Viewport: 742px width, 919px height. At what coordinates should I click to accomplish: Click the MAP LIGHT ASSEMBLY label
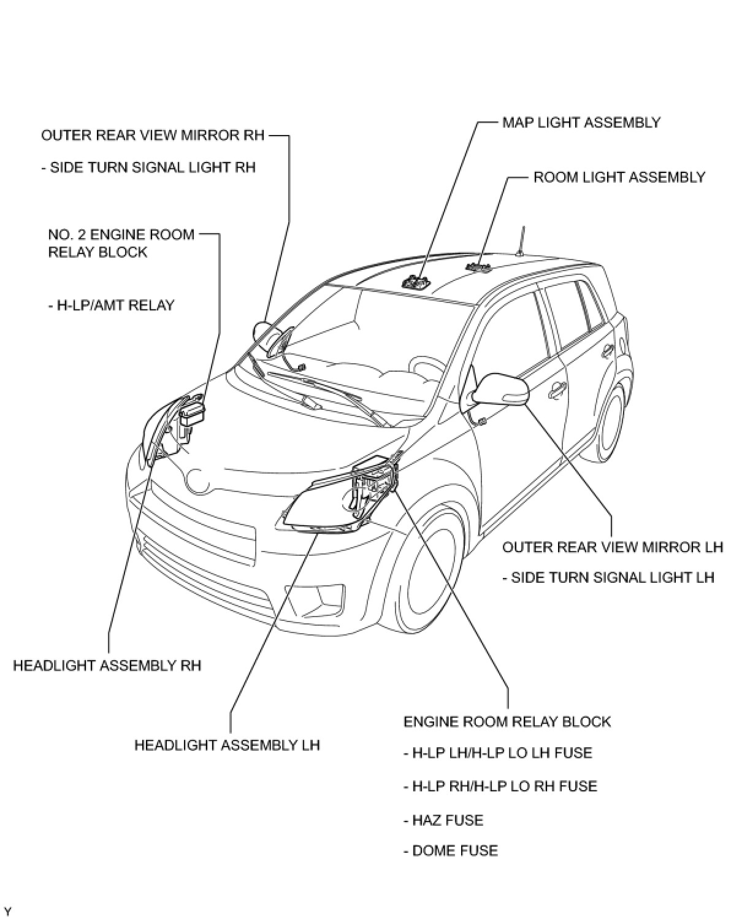(581, 122)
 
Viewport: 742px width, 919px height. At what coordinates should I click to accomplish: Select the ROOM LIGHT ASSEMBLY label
(619, 177)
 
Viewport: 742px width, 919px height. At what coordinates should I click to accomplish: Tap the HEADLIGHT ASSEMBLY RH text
(107, 665)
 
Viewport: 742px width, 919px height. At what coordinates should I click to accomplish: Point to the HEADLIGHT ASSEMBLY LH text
(227, 745)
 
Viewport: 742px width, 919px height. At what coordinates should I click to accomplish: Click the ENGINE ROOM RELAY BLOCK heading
(507, 721)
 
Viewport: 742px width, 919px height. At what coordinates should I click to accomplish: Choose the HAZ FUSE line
(443, 820)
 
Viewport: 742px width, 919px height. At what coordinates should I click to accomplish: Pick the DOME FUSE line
(451, 850)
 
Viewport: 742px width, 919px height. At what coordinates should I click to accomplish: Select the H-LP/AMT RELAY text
(111, 305)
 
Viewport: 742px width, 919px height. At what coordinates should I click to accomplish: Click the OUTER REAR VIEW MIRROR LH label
(612, 547)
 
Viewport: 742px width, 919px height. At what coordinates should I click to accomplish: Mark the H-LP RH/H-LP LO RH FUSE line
(500, 786)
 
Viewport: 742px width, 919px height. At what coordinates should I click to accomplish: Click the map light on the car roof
(416, 283)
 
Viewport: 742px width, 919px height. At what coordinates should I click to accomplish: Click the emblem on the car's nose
(199, 479)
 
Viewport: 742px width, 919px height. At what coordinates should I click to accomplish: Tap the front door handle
(558, 389)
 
